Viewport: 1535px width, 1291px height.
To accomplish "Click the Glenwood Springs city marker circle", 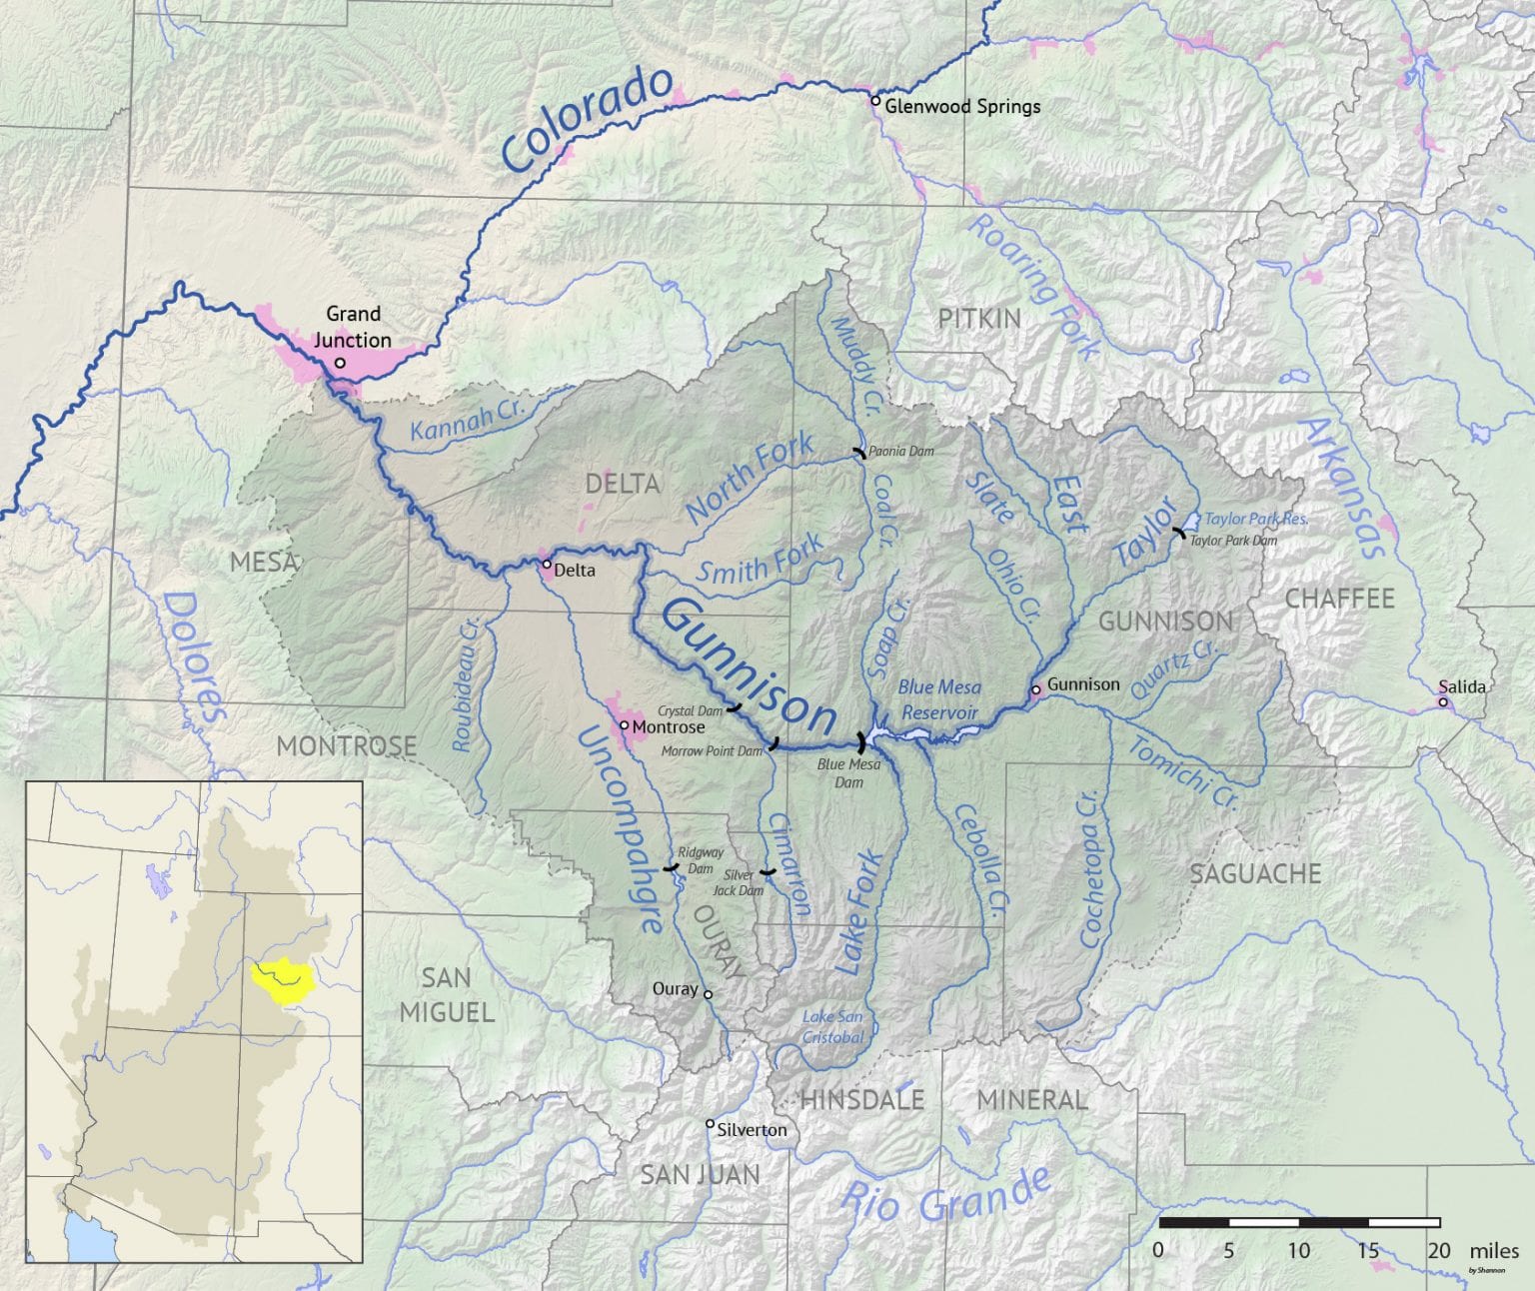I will pyautogui.click(x=875, y=101).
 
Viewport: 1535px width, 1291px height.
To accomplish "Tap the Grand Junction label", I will pyautogui.click(x=352, y=327).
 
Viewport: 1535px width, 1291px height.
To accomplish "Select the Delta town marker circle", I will pyautogui.click(x=547, y=565).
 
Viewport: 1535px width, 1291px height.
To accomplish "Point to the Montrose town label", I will pyautogui.click(x=669, y=726).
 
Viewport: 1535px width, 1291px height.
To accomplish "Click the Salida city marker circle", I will pyautogui.click(x=1443, y=702).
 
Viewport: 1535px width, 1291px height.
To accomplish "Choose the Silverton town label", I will pyautogui.click(x=752, y=1130).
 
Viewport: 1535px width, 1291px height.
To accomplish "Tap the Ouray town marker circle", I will pyautogui.click(x=708, y=994).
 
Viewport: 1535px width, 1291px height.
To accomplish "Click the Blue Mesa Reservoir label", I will pyautogui.click(x=938, y=699).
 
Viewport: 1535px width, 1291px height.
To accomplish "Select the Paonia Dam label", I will pyautogui.click(x=900, y=451).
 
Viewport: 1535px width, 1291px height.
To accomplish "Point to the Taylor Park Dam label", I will pyautogui.click(x=1233, y=541).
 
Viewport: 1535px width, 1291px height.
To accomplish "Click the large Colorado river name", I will pyautogui.click(x=587, y=118).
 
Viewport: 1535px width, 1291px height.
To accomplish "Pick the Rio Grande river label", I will pyautogui.click(x=944, y=1196).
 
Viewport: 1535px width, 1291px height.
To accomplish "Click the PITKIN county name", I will pyautogui.click(x=979, y=319).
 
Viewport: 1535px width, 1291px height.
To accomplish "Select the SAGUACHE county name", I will pyautogui.click(x=1255, y=874).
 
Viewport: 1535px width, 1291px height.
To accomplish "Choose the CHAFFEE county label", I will pyautogui.click(x=1339, y=599).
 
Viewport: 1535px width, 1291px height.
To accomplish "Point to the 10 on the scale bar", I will pyautogui.click(x=1298, y=1250).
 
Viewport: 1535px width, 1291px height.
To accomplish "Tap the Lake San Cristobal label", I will pyautogui.click(x=832, y=1027).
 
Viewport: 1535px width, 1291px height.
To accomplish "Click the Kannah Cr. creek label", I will pyautogui.click(x=468, y=419).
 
